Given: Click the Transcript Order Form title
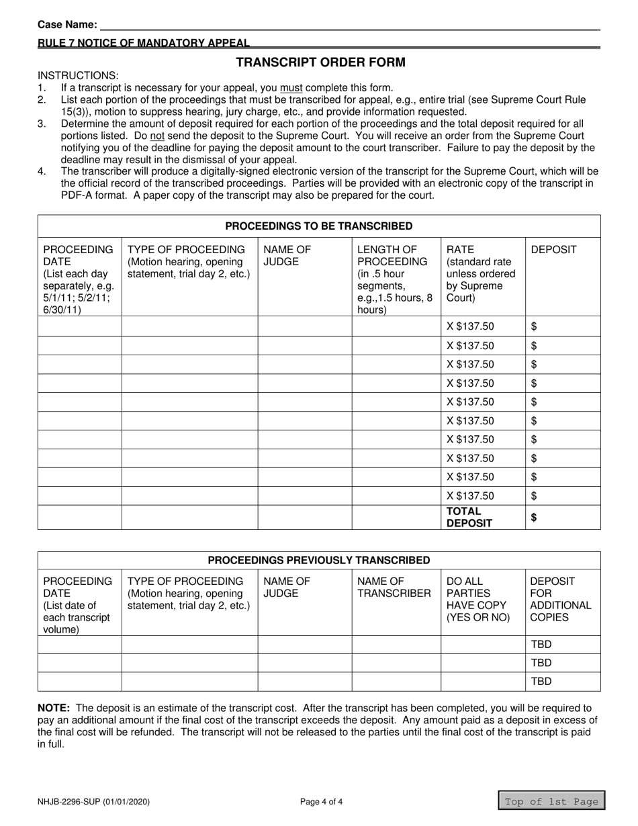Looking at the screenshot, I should pos(320,62).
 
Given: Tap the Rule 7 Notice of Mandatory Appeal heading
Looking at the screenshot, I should pos(143,43).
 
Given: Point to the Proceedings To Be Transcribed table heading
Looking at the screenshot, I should pos(319,226).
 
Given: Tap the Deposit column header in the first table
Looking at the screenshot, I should pos(553,250).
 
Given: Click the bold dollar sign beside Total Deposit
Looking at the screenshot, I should pos(535,517).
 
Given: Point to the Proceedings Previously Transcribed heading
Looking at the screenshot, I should pos(319,559).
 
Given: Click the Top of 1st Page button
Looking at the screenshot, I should pos(551,801).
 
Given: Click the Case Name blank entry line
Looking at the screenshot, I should pos(349,26).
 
